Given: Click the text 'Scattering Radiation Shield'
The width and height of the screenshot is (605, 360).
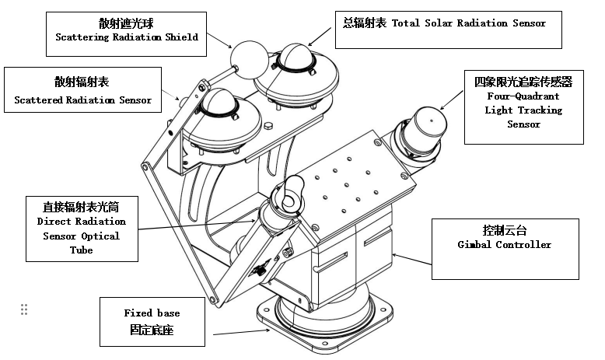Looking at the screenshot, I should coord(126,37).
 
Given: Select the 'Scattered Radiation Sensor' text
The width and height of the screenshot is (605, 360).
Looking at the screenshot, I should coord(83,100).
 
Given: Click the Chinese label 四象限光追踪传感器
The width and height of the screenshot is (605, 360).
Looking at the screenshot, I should coord(523,82).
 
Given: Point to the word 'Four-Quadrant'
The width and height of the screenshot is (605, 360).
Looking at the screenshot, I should coord(523,96).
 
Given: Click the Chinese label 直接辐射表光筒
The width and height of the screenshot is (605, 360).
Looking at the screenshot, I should coord(81,208).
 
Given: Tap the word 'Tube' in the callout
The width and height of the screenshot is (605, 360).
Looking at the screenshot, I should coord(81,250).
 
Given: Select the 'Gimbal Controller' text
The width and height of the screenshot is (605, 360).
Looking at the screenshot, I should coord(504,244).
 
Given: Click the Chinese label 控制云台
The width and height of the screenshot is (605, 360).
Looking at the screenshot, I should coord(504,230).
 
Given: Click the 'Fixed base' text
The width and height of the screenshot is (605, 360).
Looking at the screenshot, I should coord(152,313).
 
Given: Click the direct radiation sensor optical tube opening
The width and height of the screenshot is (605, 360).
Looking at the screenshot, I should coord(289,190).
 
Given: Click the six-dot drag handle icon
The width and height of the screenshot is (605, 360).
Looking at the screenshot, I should coord(24,309).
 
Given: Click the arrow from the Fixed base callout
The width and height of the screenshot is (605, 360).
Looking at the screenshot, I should coord(241,333).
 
